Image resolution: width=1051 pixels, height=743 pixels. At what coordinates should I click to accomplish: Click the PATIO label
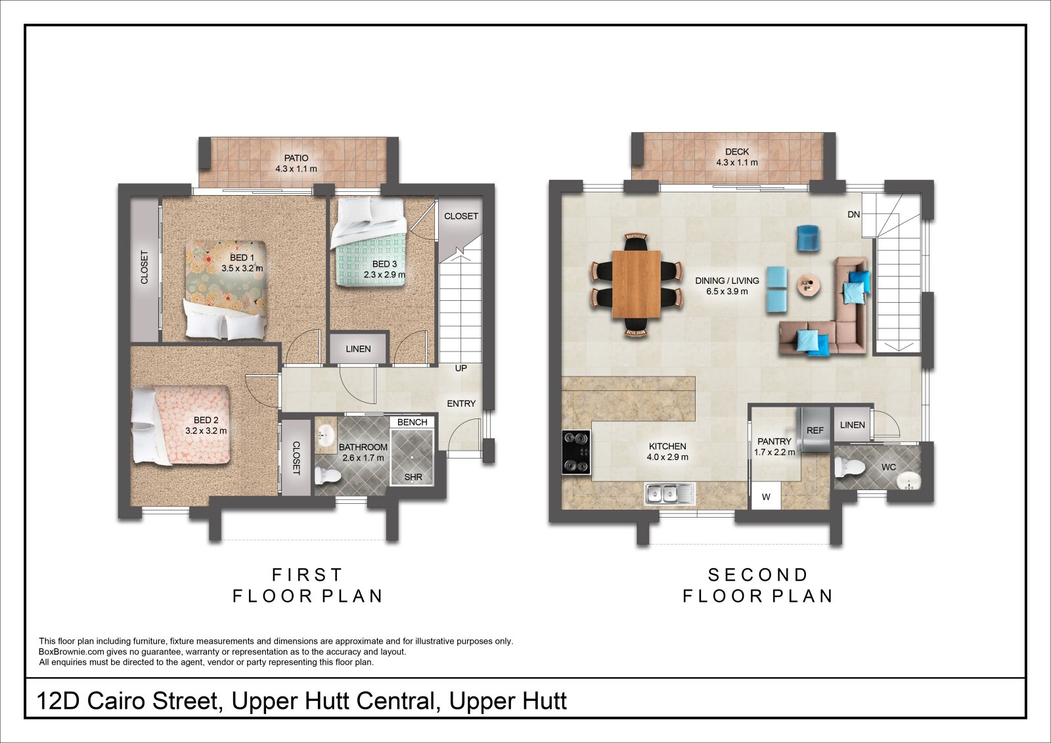click(296, 158)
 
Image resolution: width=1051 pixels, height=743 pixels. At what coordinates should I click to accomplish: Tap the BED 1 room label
click(242, 258)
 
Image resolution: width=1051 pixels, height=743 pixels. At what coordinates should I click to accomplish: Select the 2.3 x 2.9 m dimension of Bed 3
click(384, 275)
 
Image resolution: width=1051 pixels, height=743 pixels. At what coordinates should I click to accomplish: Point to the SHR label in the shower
click(413, 478)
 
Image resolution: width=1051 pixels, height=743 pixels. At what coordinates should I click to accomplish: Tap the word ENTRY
click(461, 403)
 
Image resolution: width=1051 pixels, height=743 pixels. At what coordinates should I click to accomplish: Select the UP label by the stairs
click(460, 369)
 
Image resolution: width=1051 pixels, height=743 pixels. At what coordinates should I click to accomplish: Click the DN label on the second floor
click(853, 215)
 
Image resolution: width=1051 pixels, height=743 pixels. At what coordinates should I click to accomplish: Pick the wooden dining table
click(637, 284)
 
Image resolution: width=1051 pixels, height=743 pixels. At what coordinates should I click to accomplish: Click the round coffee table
click(809, 285)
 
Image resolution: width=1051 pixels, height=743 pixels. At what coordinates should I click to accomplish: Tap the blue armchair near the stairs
click(808, 238)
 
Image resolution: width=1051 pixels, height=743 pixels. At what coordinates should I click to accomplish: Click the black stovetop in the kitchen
click(576, 453)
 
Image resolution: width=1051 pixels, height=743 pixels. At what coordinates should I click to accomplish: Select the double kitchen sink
click(669, 494)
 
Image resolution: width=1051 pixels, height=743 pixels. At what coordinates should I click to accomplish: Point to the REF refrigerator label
click(815, 430)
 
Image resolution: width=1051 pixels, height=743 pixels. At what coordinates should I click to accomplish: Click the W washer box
click(766, 495)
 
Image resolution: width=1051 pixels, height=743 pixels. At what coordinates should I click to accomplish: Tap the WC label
click(889, 467)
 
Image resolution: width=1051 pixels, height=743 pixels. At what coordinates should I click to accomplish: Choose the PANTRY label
click(774, 441)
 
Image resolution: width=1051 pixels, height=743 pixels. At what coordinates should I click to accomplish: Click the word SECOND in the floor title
click(758, 575)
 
